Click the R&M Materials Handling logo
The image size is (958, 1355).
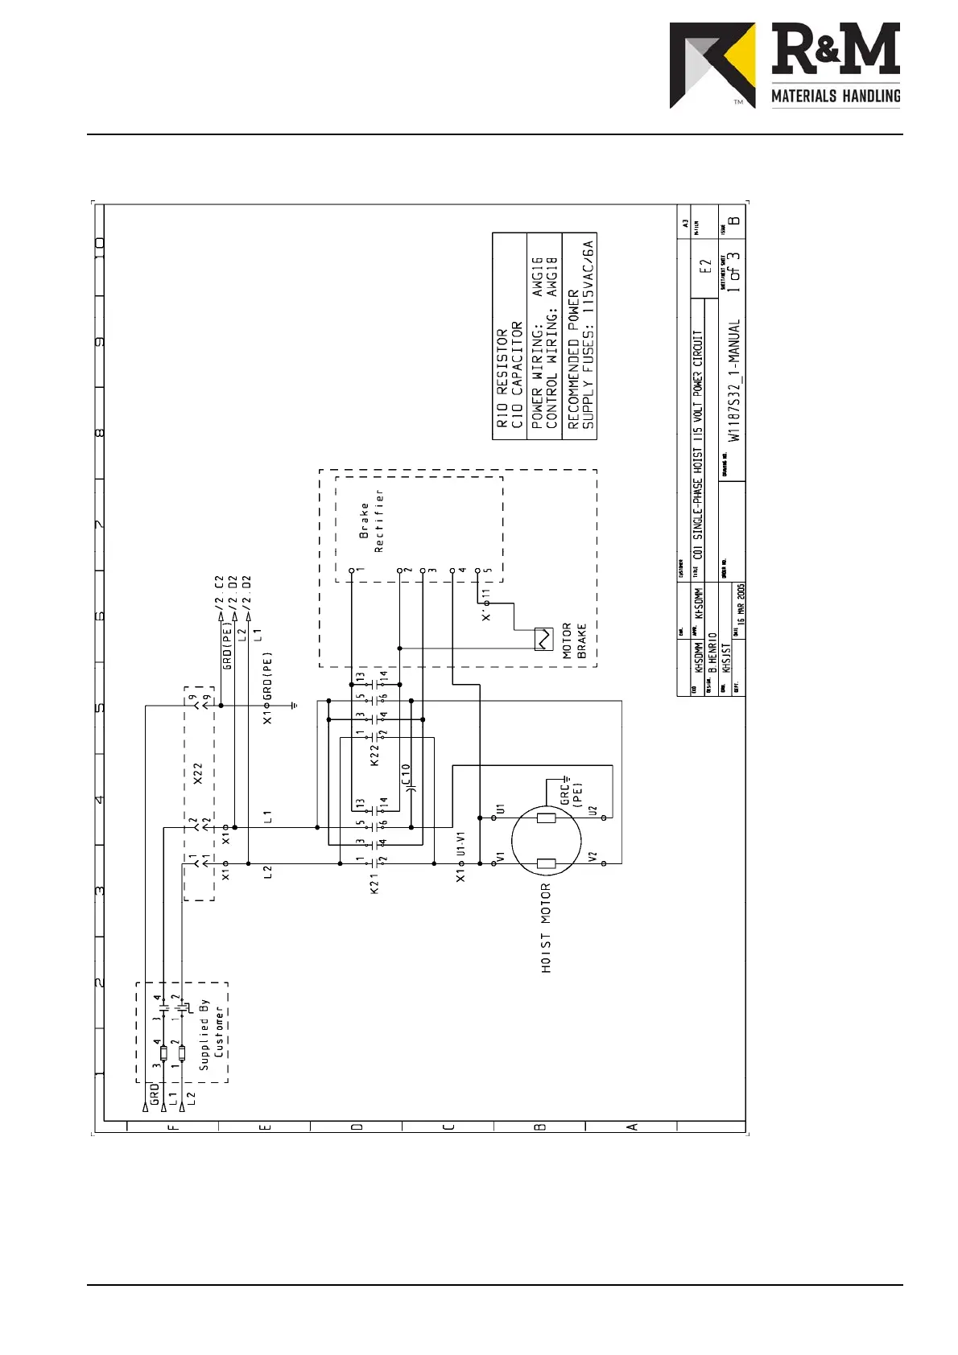784,65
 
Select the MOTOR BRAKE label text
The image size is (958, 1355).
575,641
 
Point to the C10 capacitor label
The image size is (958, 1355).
407,774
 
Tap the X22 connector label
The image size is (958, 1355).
198,773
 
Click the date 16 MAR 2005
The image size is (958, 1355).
741,603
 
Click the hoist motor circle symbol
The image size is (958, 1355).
547,842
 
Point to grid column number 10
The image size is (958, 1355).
100,245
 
